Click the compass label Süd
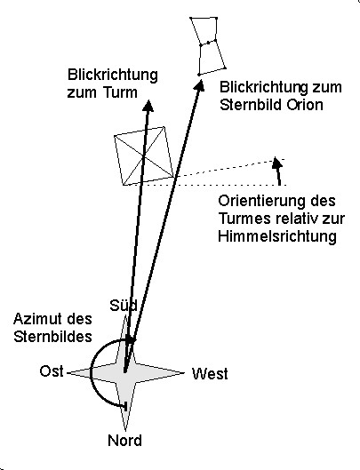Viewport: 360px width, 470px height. [x=124, y=306]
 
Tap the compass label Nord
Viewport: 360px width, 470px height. [x=124, y=441]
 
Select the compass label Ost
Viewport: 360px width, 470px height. [x=52, y=371]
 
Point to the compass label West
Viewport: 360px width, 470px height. [x=210, y=374]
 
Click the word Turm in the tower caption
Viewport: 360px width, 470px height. [x=121, y=92]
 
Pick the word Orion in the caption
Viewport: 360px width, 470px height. [x=305, y=105]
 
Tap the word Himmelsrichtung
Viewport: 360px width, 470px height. [x=277, y=236]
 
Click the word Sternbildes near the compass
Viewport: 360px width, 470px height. [x=52, y=337]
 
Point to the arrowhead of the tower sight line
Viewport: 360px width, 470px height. [x=148, y=106]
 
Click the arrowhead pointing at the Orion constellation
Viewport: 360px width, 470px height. [x=199, y=84]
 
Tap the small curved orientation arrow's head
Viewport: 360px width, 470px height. [x=276, y=163]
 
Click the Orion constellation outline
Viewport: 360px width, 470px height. [x=207, y=46]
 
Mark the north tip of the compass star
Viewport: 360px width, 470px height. [x=125, y=430]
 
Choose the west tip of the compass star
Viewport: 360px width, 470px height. [x=183, y=373]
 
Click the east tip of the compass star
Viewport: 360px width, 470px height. [x=68, y=373]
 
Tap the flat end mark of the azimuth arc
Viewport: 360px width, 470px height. [x=125, y=406]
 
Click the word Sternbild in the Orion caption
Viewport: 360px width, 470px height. [x=251, y=105]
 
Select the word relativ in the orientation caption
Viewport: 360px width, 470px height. [x=294, y=219]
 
